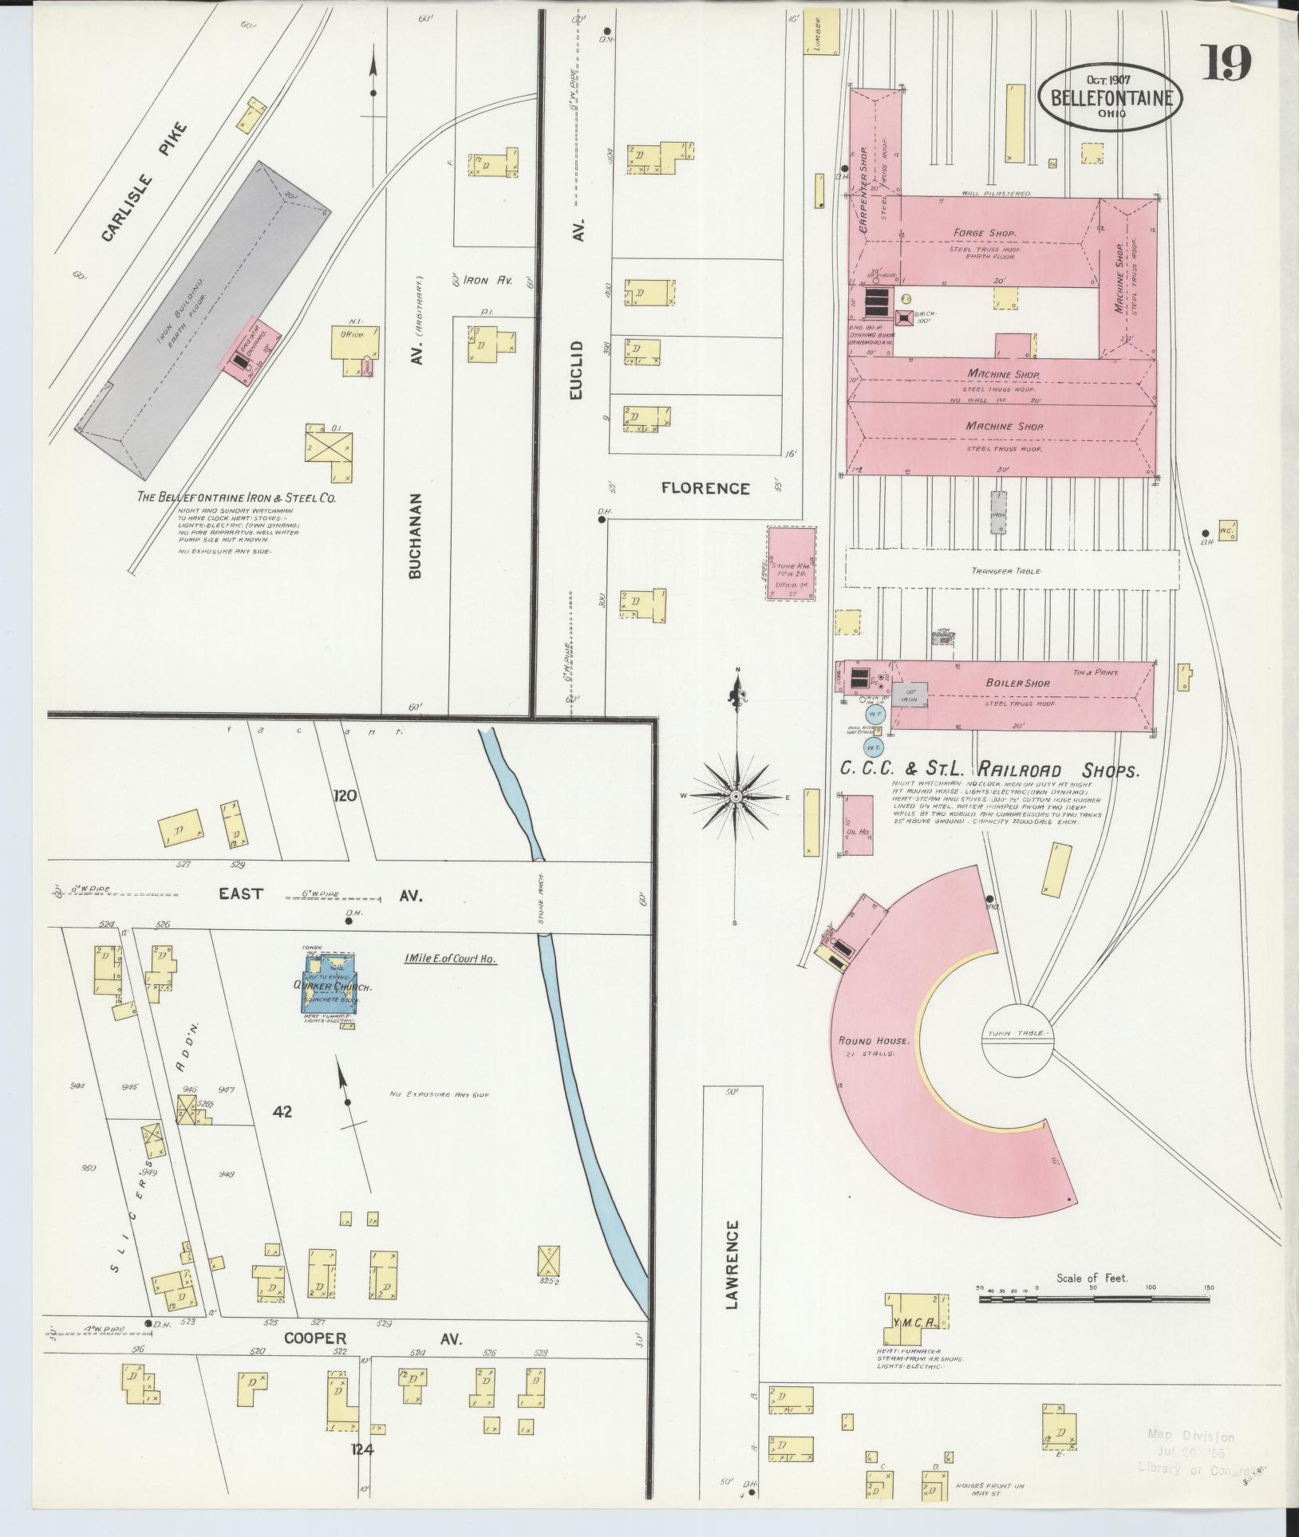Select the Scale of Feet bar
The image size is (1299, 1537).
pyautogui.click(x=1093, y=1300)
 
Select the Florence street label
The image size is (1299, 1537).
pyautogui.click(x=705, y=489)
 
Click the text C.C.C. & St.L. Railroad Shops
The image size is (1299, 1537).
pyautogui.click(x=989, y=770)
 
